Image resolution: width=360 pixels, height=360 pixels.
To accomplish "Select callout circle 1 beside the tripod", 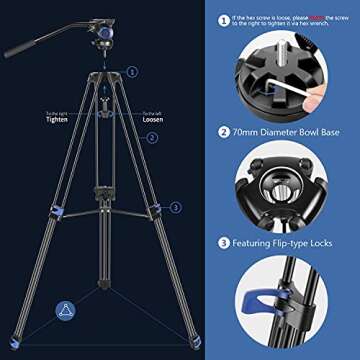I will [x=131, y=72].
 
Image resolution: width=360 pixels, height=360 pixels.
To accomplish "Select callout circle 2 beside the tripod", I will [x=153, y=139].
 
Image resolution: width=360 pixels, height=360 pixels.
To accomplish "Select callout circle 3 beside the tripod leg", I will [x=176, y=208].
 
